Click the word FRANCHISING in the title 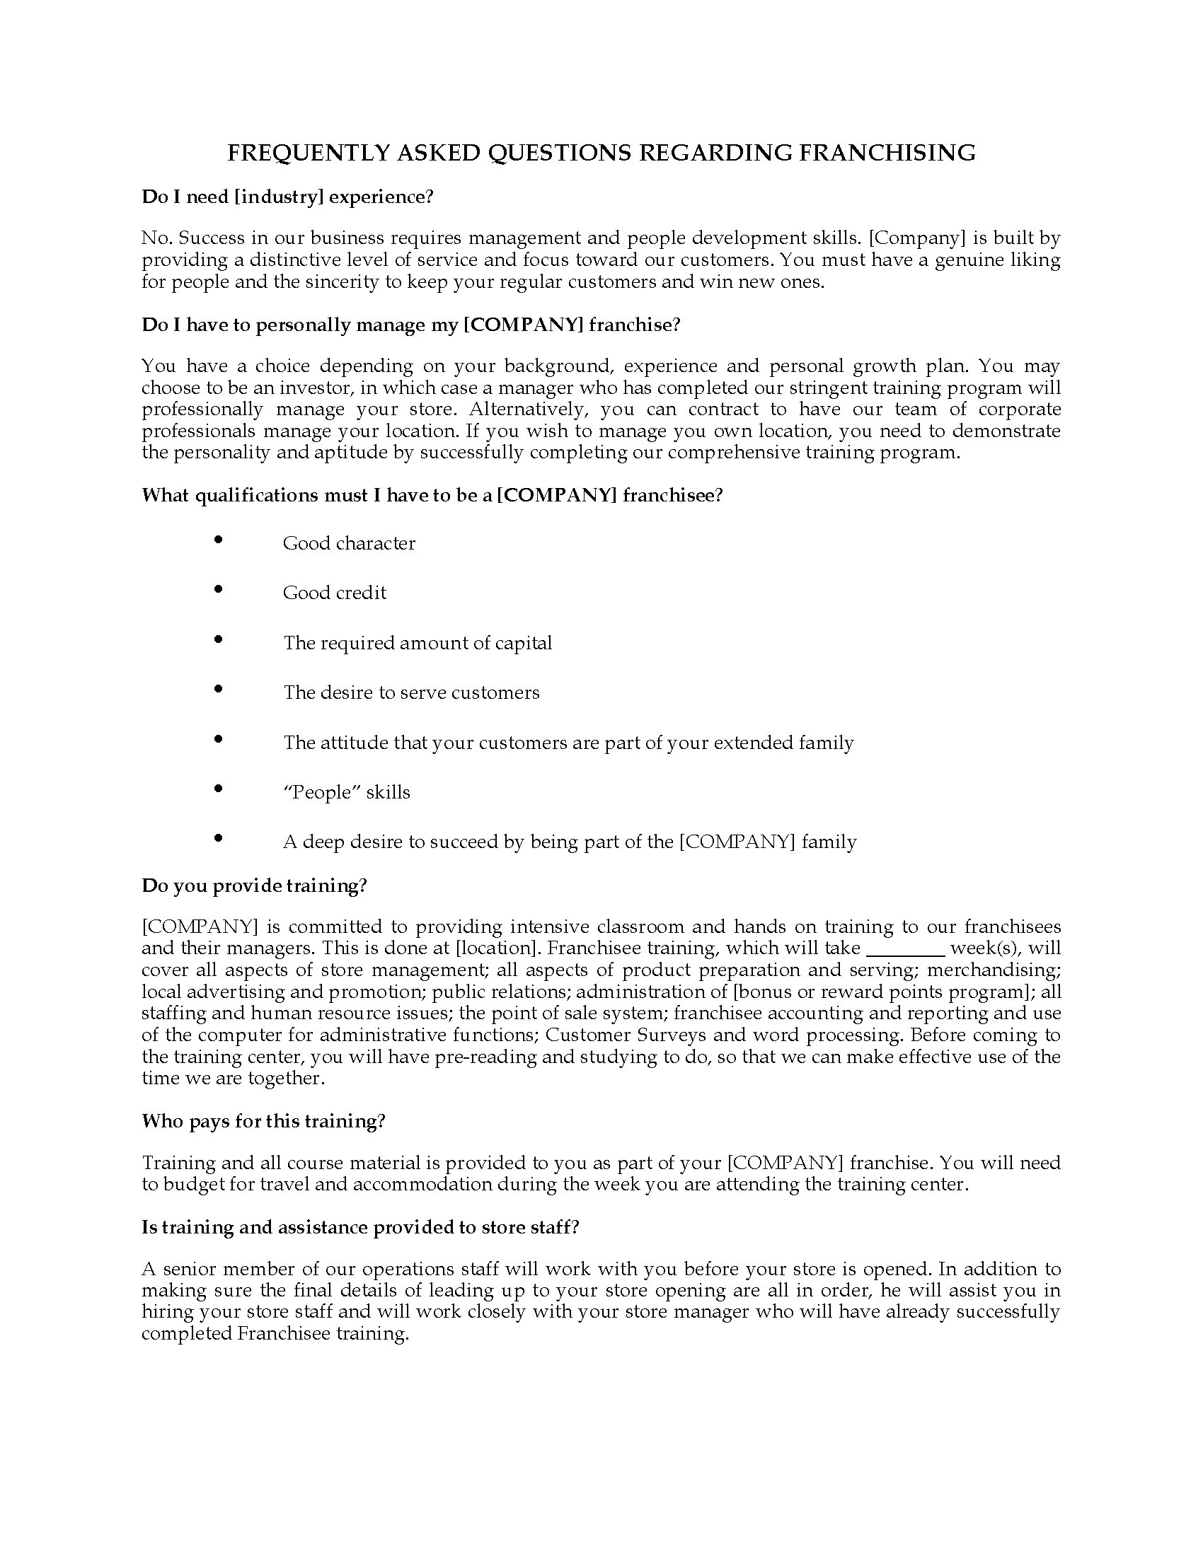887,153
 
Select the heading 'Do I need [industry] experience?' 287,197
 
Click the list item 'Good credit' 334,593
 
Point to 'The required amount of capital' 418,643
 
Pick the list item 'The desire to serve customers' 411,692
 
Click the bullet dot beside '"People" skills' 218,789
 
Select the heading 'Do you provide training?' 254,886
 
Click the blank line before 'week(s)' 904,950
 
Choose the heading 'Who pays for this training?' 263,1122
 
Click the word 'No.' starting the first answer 156,238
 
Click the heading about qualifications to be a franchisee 432,495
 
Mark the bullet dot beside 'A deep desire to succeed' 218,839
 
